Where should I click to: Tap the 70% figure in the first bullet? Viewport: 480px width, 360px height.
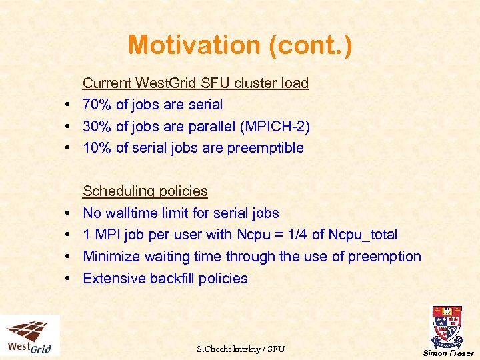pos(97,105)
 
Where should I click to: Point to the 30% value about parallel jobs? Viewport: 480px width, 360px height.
pos(97,126)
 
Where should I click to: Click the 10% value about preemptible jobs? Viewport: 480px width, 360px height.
pos(97,148)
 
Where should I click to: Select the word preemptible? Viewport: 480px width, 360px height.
pos(265,148)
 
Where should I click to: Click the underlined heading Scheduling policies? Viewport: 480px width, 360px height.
pos(145,191)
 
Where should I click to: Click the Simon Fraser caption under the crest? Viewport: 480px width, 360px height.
pos(447,353)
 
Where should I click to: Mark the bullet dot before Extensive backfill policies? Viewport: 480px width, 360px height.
pos(69,279)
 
